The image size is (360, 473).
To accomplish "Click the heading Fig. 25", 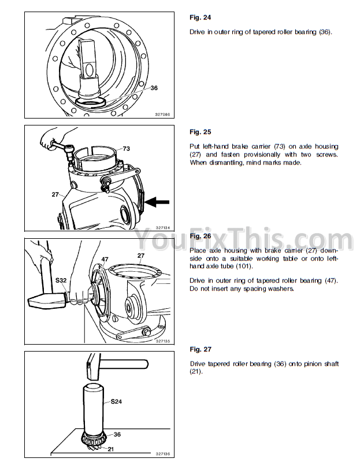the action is coord(200,132).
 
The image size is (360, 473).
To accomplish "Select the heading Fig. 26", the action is coord(200,236).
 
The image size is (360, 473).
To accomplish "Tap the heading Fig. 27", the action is coord(200,349).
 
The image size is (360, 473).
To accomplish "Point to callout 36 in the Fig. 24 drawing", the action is coord(154,88).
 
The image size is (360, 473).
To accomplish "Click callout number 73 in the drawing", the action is coord(126,149).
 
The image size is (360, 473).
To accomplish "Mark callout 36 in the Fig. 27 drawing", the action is coord(117,434).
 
